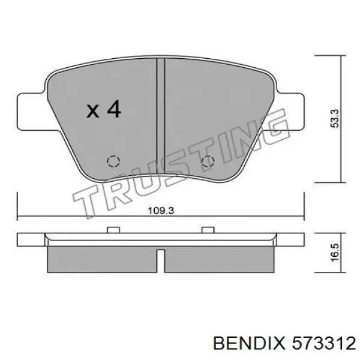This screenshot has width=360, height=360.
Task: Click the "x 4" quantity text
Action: pyautogui.click(x=103, y=110)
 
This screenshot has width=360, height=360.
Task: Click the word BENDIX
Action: pyautogui.click(x=248, y=344)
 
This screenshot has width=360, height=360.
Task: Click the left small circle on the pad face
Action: pyautogui.click(x=111, y=161)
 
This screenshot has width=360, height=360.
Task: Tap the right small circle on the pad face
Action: pyautogui.click(x=207, y=161)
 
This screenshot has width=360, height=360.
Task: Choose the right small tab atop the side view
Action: pyautogui.click(x=208, y=230)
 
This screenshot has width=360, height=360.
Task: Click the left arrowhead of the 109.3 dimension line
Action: pyautogui.click(x=20, y=217)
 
